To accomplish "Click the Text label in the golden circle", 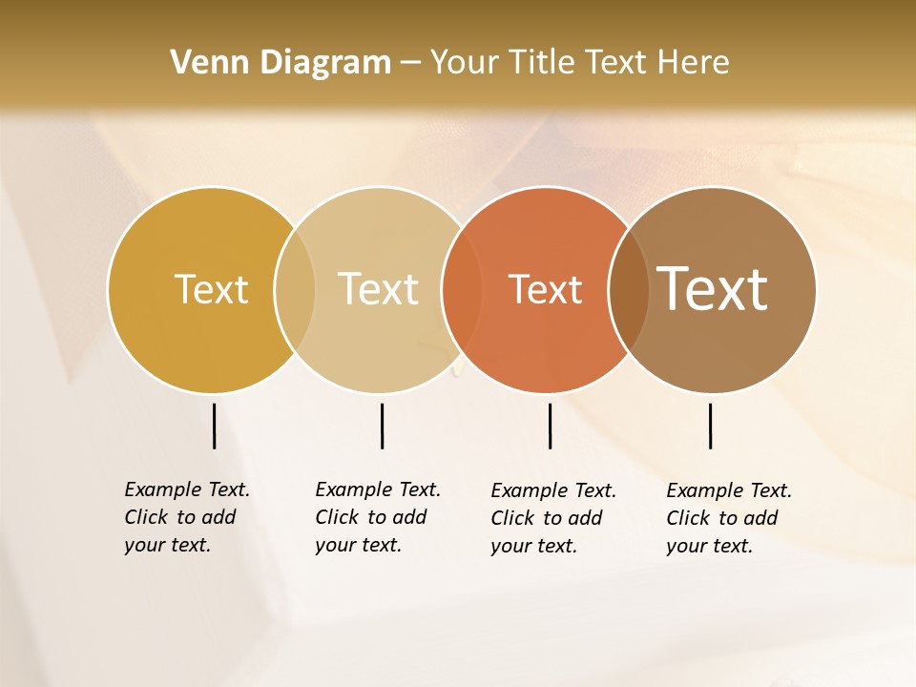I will pos(211,289).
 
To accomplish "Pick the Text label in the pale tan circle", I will pos(378,289).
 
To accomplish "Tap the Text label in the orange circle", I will pos(545,289).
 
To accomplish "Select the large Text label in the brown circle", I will pos(713,289).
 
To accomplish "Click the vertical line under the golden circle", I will pos(214,426).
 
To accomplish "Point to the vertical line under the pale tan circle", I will pos(382,426).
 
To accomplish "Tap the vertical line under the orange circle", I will pos(550,426).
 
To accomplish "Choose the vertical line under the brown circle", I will pos(710,426).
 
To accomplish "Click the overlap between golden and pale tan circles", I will pos(295,290).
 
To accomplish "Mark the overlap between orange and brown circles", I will pos(629,290).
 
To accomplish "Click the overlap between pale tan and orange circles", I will pos(462,290).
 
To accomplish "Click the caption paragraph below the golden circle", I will pos(187,517).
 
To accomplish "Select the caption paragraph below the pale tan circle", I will pos(378,517).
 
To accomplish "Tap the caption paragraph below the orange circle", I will pos(553,518).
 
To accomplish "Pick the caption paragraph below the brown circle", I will pos(729,518).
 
